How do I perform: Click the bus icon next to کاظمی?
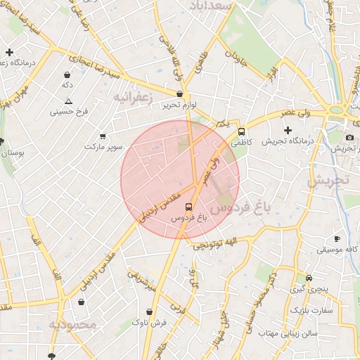point(242,131)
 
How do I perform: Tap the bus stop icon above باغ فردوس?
point(188,207)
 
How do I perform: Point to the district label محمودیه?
point(72,324)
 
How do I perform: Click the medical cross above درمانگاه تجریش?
point(287,130)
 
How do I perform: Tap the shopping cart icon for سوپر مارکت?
point(103,136)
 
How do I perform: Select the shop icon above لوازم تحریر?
point(179,94)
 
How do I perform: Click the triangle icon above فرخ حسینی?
point(68,101)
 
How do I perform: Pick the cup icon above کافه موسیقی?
point(337,239)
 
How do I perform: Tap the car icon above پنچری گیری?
point(309,278)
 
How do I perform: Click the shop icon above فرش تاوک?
point(149,311)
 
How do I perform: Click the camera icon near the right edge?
point(349,137)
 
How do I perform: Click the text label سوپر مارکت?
point(104,146)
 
